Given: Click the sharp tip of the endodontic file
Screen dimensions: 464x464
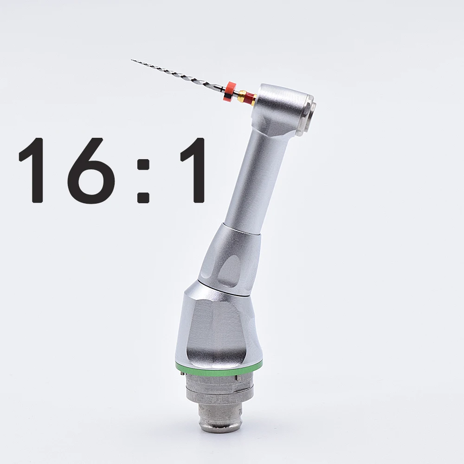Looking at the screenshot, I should [x=132, y=60].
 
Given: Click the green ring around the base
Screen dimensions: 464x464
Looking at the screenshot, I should [x=218, y=367].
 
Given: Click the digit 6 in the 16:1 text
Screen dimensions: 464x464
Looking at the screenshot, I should [x=90, y=171].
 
